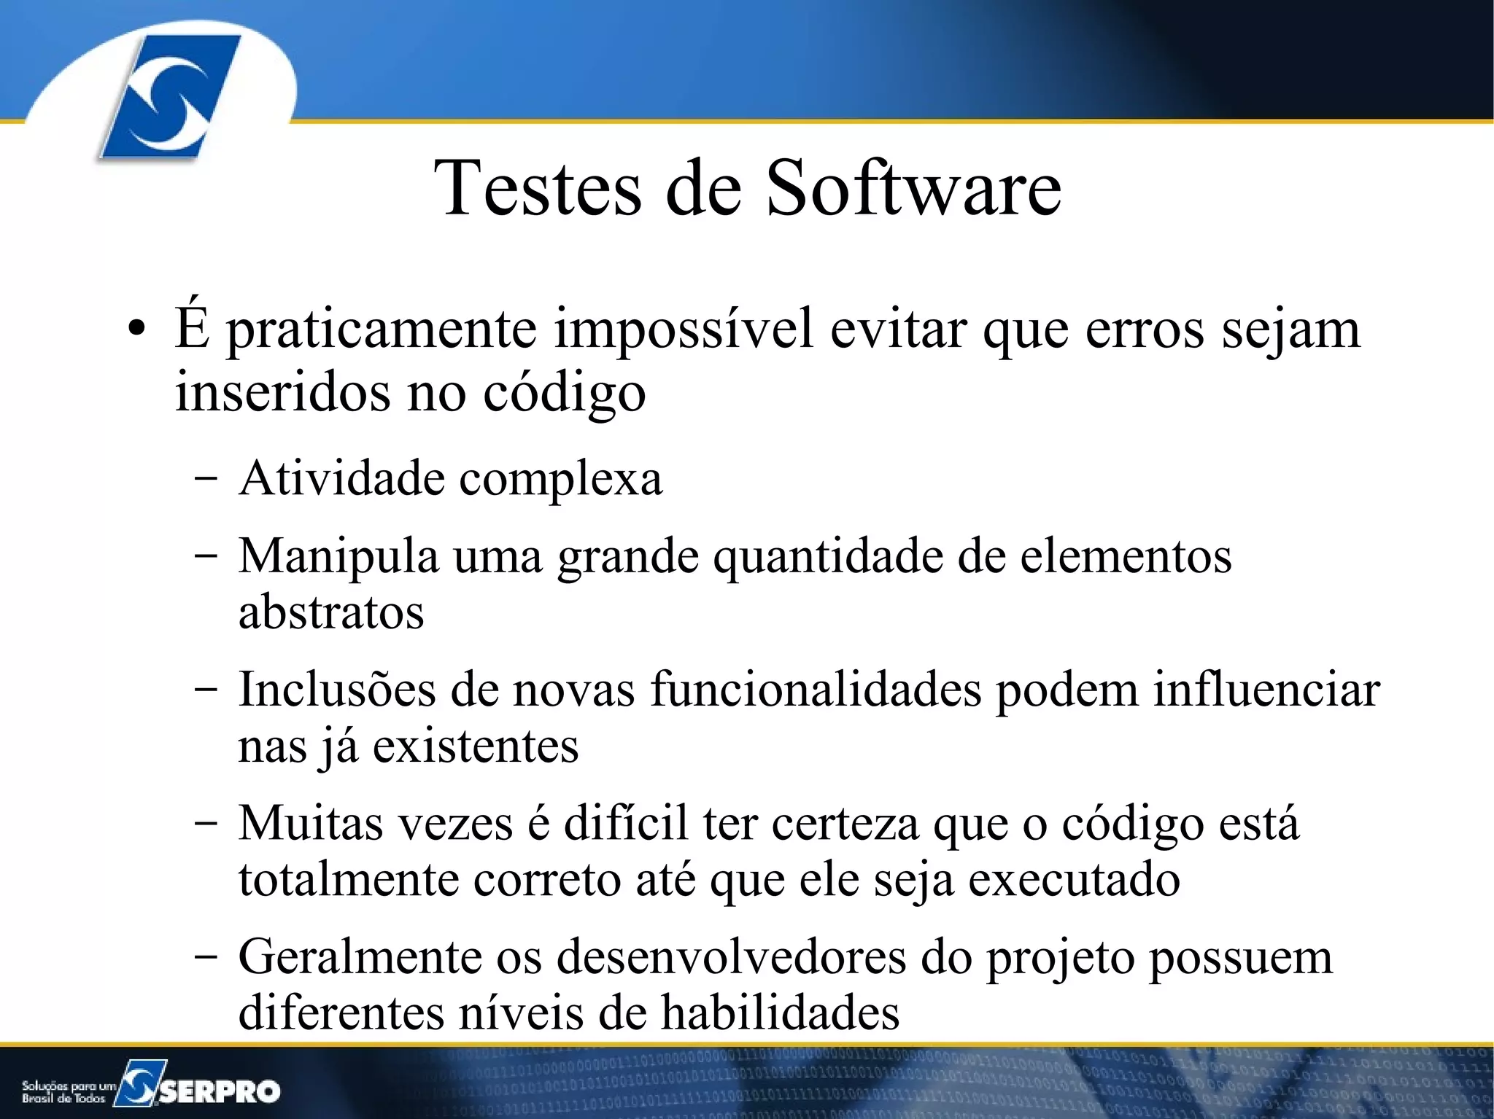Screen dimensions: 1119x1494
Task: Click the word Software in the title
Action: tap(913, 188)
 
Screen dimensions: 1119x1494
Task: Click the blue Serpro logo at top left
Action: tap(169, 97)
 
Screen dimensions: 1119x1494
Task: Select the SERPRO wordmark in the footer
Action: tap(219, 1091)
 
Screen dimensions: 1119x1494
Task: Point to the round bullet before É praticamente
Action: tap(135, 330)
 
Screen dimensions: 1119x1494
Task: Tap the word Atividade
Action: tap(341, 479)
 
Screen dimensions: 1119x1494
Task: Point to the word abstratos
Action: tap(331, 612)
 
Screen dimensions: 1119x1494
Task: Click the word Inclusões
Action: tap(336, 690)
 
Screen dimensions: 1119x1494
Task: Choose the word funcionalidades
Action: tap(815, 690)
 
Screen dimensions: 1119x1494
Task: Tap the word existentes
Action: tap(476, 746)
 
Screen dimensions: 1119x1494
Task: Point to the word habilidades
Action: tap(780, 1013)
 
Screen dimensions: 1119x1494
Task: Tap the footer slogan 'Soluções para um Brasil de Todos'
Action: tap(68, 1092)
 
